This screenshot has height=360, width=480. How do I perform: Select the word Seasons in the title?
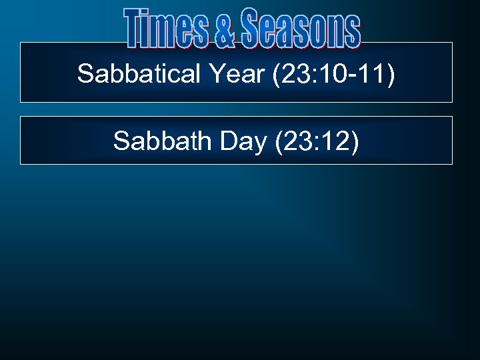click(301, 29)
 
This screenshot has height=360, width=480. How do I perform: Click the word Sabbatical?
click(138, 74)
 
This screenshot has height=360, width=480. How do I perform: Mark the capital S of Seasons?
click(251, 29)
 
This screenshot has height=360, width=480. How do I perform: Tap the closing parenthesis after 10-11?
click(391, 75)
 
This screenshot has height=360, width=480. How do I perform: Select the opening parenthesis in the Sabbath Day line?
click(279, 141)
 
